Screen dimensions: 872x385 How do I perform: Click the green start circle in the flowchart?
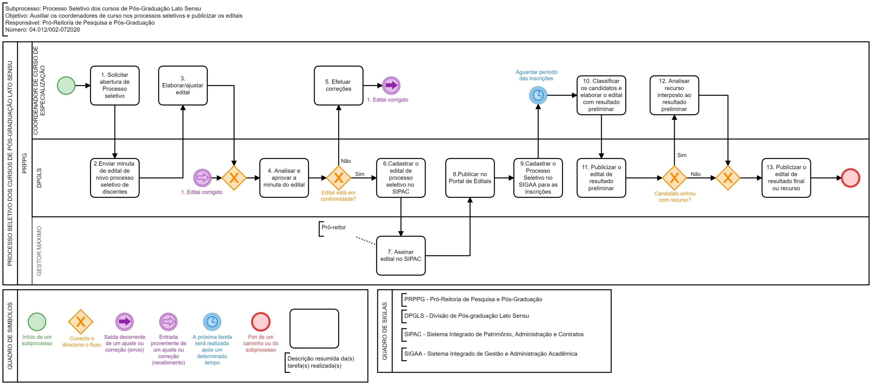coord(66,85)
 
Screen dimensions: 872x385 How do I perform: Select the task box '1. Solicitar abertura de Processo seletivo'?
coord(115,85)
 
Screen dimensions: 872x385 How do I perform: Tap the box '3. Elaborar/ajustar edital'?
coord(183,85)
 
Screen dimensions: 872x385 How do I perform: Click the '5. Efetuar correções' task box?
coord(339,85)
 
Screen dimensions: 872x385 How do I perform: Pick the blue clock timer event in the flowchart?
coord(538,95)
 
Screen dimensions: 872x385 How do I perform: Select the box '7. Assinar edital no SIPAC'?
coord(401,256)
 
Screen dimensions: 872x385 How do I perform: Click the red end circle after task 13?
coord(851,178)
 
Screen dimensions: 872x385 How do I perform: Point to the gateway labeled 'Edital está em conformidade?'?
coord(339,178)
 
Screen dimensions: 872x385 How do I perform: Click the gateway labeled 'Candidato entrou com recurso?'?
coord(674,178)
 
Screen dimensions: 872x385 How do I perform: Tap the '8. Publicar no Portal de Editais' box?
coord(470,178)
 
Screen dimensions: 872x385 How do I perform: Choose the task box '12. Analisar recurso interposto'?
coord(674,95)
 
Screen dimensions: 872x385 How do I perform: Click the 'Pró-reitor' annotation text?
coord(334,227)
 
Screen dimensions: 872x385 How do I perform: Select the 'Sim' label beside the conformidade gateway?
coord(360,174)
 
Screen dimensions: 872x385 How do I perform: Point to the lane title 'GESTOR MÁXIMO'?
coord(39,251)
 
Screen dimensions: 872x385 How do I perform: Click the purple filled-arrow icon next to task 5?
coord(391,85)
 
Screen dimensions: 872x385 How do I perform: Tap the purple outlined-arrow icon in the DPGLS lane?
coord(202,178)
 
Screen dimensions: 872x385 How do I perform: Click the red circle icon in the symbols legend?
coord(261,322)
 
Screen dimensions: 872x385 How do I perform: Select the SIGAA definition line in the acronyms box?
coord(490,354)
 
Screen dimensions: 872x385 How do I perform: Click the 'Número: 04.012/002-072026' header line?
coord(43,30)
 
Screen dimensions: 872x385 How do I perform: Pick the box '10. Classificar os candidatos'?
coord(601,95)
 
